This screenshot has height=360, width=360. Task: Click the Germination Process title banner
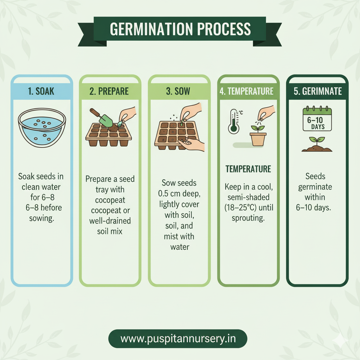coord(180,29)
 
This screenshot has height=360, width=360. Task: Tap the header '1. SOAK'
coord(41,91)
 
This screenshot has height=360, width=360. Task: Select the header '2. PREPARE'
coord(109,91)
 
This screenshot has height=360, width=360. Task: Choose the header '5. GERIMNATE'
coord(318,91)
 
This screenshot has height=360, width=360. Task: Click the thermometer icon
coord(233,121)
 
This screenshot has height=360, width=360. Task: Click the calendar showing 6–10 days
coord(317,120)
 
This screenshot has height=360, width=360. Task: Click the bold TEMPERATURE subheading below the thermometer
coord(248,169)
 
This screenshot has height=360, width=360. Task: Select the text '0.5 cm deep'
coord(180,194)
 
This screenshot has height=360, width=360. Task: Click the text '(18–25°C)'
coord(248,207)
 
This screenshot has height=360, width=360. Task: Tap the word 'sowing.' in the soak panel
coord(41,219)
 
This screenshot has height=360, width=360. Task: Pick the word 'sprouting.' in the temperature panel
coord(248,218)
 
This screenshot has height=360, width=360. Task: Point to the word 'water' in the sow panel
coord(180,247)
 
